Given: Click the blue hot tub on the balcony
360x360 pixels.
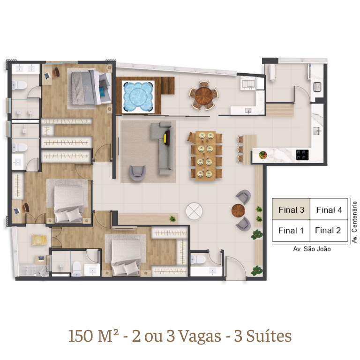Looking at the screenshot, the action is pos(138,97).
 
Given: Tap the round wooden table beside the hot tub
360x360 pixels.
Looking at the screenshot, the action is pos(203,95).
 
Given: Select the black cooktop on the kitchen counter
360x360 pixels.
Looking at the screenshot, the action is pos(302,155).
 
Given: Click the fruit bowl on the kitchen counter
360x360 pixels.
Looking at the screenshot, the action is pos(262,155).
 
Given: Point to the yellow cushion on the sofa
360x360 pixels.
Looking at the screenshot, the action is pos(165,139).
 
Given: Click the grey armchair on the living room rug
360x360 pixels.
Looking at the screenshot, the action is pos(137,173).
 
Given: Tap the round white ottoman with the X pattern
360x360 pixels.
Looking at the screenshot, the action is pos(194,211).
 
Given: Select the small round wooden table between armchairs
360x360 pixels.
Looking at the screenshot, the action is pos(238,210).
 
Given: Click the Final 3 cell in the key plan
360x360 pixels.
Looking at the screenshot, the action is pos(291,210).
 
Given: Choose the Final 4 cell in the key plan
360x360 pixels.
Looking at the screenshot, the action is pos(329,210).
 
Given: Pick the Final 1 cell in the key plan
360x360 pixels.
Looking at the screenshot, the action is pos(291,231).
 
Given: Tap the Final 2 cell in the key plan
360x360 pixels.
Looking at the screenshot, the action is pos(329,231).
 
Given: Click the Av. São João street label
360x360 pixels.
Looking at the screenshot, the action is pos(312,249).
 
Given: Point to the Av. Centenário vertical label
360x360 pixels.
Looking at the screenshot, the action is pos(354,222).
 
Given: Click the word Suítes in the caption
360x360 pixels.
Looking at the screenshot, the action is pos(269,336).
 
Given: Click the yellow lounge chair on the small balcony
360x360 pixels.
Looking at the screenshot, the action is pos(39,240).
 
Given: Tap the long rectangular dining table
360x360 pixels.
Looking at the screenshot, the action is pos(205,156).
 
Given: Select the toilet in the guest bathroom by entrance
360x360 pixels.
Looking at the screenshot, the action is pos(198,259).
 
